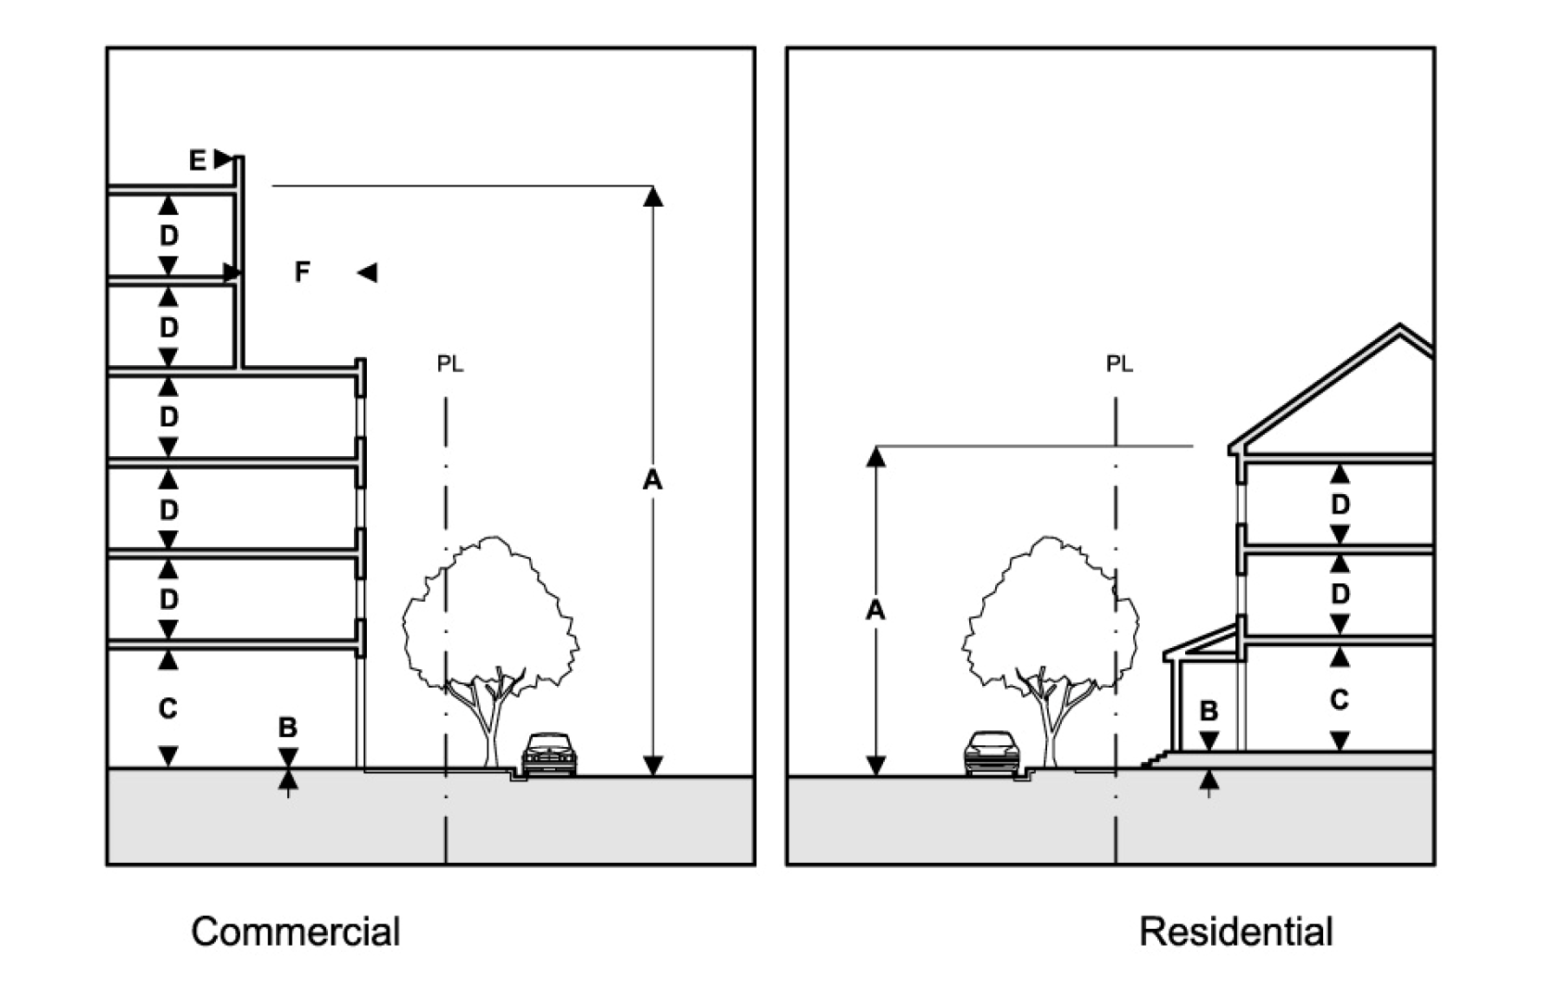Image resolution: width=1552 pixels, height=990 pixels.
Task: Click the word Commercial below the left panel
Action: click(x=296, y=931)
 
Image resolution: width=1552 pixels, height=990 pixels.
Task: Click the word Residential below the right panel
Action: click(x=1236, y=931)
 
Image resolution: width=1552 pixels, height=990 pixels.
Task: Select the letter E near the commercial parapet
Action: click(x=197, y=161)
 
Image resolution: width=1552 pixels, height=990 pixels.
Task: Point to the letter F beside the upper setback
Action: click(x=302, y=272)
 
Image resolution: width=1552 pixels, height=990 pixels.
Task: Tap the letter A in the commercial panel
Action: click(x=652, y=480)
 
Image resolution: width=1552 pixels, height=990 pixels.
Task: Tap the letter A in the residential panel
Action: click(x=876, y=610)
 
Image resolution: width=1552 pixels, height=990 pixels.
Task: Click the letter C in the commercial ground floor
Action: click(x=168, y=708)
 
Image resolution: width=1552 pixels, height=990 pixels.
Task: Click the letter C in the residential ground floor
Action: click(x=1339, y=700)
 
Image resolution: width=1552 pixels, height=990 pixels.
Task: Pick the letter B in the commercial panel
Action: click(x=287, y=728)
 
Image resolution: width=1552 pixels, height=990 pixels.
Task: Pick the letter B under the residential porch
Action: click(x=1208, y=711)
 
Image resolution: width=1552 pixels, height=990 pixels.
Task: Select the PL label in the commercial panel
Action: click(x=450, y=364)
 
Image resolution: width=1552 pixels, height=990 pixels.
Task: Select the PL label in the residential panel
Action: click(x=1119, y=364)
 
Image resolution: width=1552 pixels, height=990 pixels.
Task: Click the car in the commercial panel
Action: click(x=549, y=754)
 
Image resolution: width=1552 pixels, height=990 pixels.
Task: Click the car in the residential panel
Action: click(x=992, y=752)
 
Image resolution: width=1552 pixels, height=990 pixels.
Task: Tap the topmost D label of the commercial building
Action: click(x=169, y=236)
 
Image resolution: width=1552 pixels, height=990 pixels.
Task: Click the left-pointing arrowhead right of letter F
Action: click(x=367, y=273)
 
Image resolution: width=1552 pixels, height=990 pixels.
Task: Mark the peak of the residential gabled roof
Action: click(x=1399, y=325)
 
